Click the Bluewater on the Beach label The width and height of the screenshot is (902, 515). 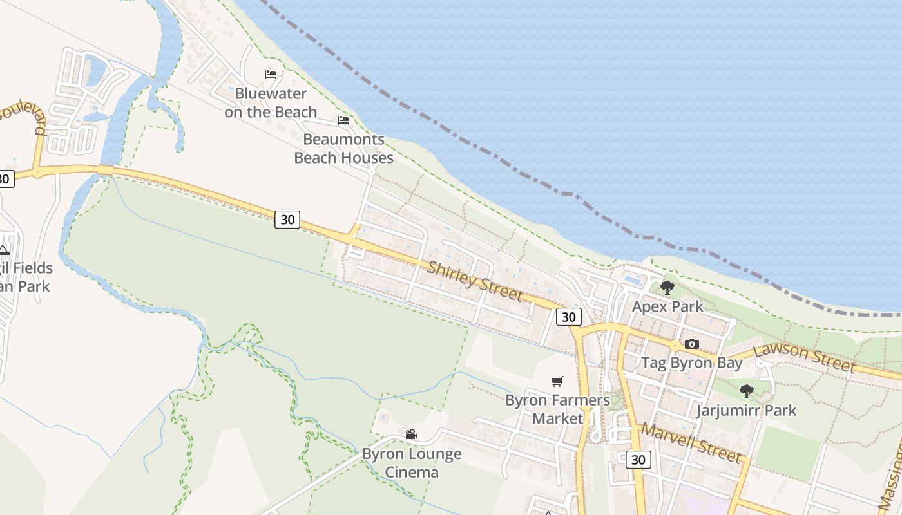271,103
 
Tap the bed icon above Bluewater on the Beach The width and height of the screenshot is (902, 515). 271,75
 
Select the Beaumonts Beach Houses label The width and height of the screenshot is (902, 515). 343,149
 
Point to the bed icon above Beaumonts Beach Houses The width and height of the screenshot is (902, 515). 343,120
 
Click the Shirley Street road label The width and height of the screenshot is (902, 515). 474,281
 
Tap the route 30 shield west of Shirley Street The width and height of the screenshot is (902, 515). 287,220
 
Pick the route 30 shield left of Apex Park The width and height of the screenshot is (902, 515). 568,317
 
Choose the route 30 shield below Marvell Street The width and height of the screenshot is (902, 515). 638,460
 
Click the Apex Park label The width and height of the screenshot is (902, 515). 667,306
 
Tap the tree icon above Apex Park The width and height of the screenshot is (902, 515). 667,287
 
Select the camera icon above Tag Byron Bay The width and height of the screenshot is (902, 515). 692,344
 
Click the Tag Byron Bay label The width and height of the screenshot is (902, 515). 692,362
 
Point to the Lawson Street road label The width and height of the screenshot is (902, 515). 804,358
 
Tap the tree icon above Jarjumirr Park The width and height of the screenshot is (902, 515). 747,391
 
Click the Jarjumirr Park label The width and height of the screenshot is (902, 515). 747,410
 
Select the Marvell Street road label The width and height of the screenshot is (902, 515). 691,444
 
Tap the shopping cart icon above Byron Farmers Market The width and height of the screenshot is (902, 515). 557,381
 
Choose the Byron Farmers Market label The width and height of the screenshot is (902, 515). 557,409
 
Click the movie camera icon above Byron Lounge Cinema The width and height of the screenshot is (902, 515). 412,435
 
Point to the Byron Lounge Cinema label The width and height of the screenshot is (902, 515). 412,463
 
